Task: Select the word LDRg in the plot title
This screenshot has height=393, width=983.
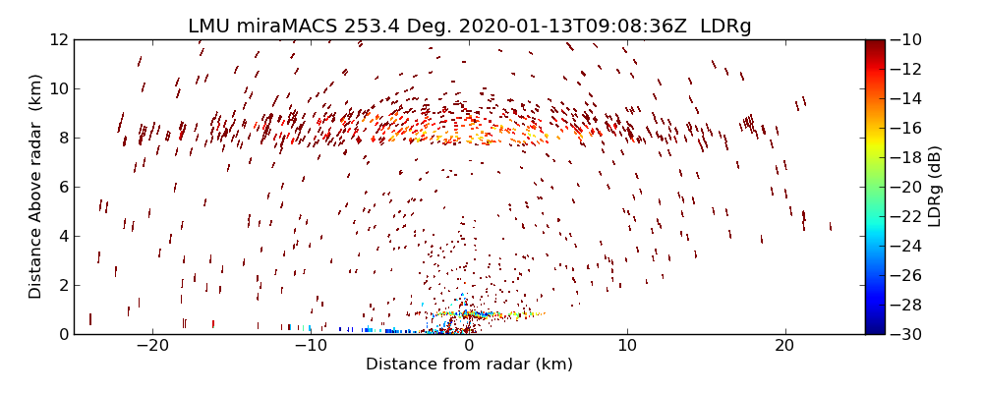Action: pos(725,27)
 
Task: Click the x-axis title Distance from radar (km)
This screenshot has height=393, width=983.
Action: pos(469,365)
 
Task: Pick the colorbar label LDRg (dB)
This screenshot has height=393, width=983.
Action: pos(935,187)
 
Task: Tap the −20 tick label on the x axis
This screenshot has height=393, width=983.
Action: pos(153,347)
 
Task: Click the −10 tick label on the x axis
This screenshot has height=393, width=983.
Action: pos(311,347)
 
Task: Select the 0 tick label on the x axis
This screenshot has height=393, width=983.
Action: pos(469,347)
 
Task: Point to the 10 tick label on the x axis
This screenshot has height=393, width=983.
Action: pos(627,347)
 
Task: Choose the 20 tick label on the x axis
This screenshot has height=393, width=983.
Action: pos(784,347)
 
